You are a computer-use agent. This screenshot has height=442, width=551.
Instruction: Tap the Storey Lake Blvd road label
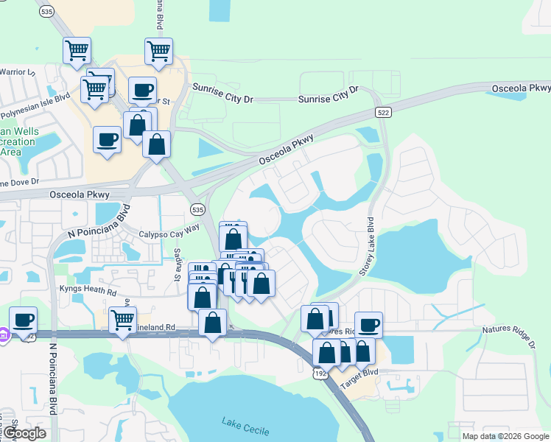click(x=368, y=247)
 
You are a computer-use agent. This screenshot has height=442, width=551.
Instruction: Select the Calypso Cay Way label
click(x=169, y=230)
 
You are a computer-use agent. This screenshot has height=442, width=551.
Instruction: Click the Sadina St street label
click(x=178, y=264)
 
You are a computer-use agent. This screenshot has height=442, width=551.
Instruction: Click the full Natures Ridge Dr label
click(x=508, y=336)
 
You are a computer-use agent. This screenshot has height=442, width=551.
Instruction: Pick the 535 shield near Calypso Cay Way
click(x=196, y=210)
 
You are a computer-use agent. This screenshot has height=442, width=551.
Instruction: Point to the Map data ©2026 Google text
click(x=506, y=436)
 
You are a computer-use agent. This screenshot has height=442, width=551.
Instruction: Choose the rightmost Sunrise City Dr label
click(x=328, y=94)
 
